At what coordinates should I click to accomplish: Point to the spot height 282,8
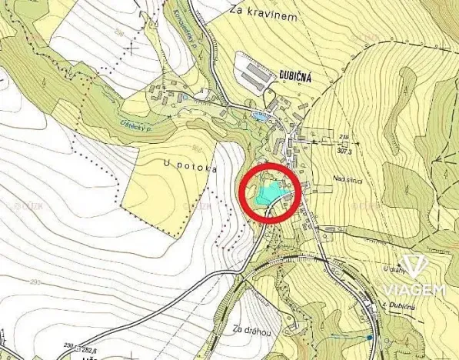[x=99, y=348]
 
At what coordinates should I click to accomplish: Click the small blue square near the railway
[x=370, y=337]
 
